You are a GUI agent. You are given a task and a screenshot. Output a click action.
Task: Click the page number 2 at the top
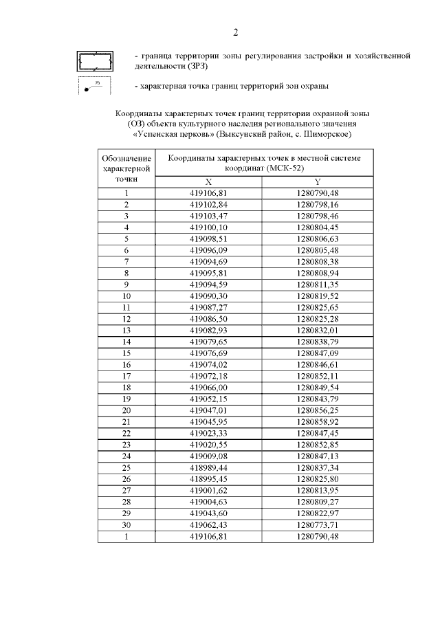coord(235,32)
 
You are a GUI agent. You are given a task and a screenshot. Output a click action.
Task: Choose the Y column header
coord(318,181)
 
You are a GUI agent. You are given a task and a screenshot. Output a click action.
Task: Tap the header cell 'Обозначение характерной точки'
coord(126,168)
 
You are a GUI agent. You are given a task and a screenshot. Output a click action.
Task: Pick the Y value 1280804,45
coord(318,227)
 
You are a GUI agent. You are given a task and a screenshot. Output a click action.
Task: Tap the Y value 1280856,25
coord(318,409)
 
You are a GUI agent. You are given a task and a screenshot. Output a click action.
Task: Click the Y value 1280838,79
coord(318,342)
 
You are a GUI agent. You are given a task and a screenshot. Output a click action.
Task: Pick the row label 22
coord(126,432)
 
